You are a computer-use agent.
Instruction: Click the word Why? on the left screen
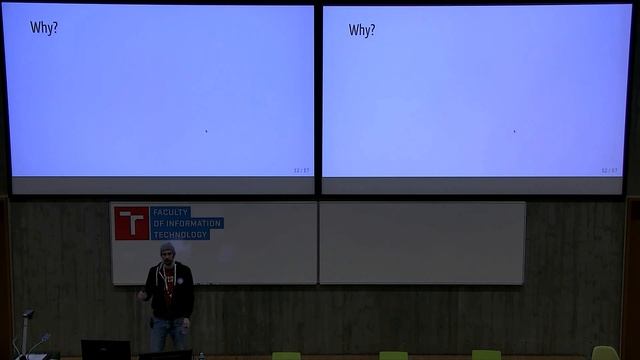(44, 28)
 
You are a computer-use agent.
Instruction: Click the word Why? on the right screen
(362, 30)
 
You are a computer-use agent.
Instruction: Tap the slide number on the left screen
(301, 170)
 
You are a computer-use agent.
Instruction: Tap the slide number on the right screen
(610, 170)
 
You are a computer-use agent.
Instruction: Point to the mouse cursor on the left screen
(206, 130)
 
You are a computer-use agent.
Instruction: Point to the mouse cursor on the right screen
(514, 130)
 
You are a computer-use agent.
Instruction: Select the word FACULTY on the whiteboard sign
(171, 213)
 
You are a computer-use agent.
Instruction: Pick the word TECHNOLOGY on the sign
(180, 234)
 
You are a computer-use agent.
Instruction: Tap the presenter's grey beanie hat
(167, 247)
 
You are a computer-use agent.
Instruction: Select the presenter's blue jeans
(169, 333)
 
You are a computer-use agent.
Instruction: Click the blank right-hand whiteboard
(421, 242)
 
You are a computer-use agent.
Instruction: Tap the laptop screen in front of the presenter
(105, 350)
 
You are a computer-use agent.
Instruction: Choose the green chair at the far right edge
(604, 353)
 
